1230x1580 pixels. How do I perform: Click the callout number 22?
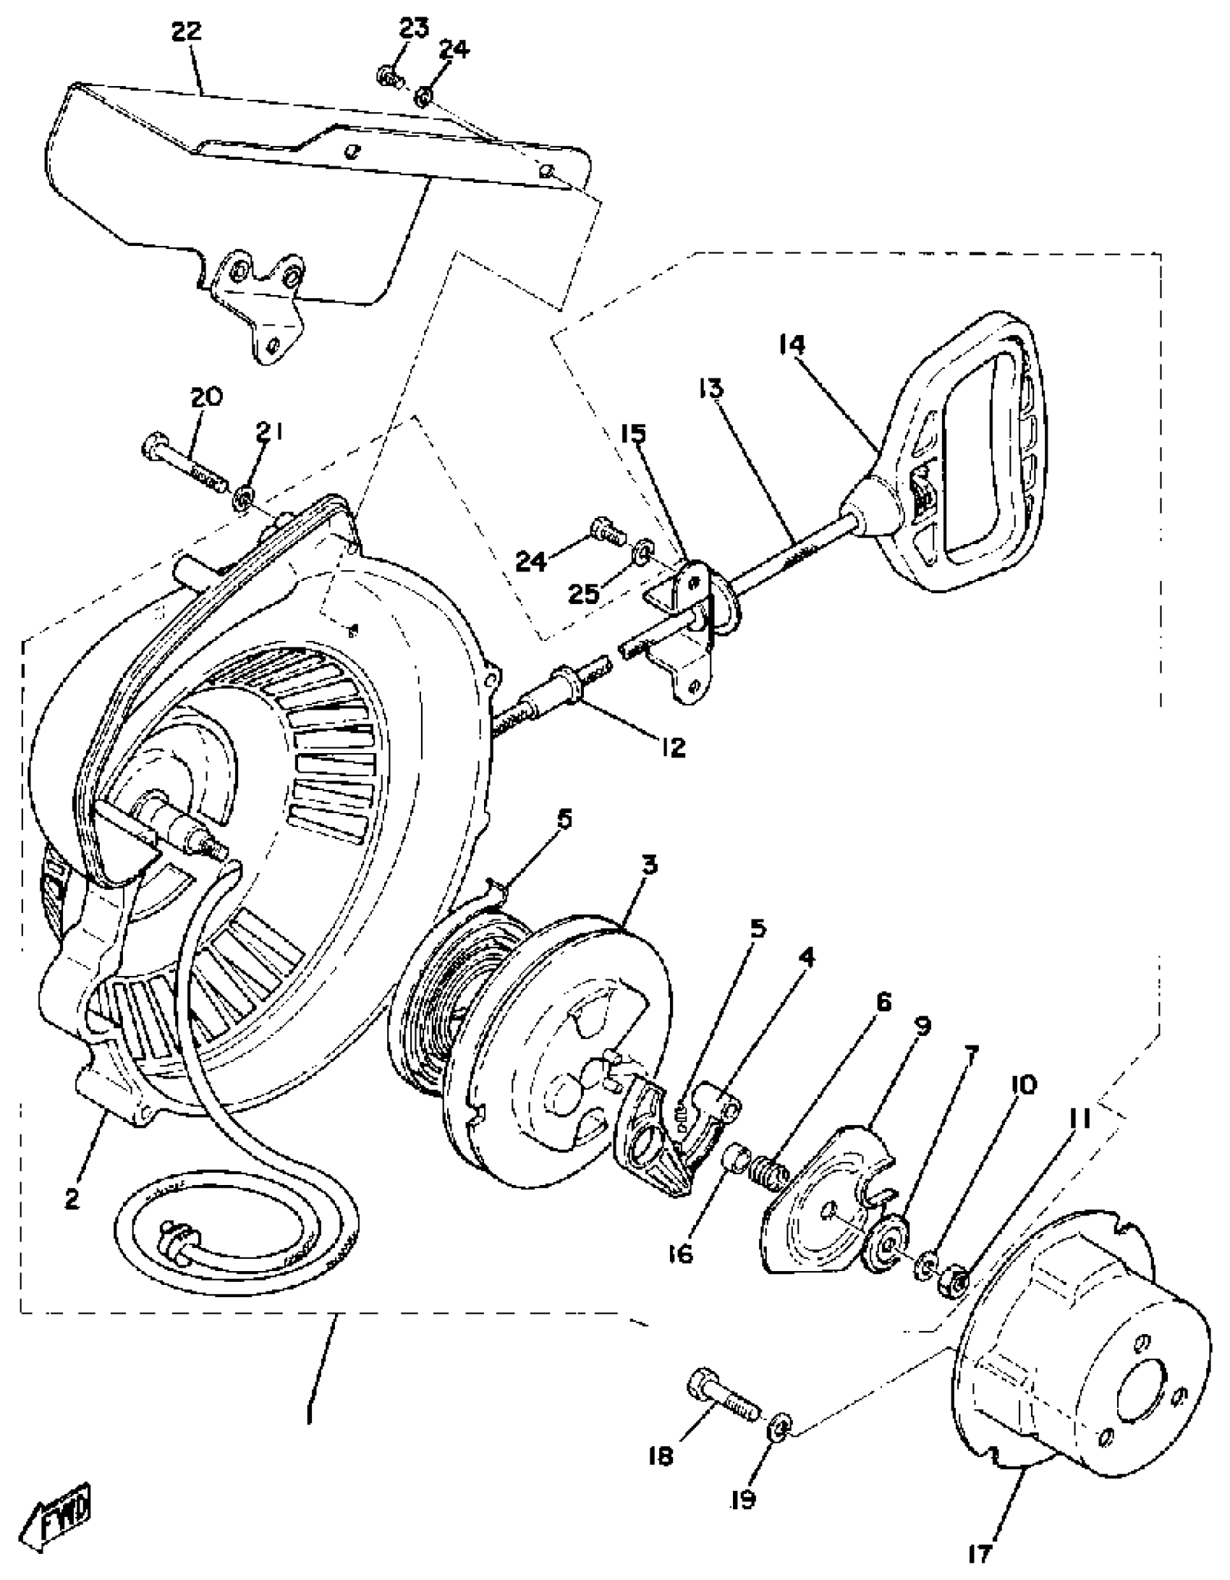coord(186,33)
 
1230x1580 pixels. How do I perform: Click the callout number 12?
coord(672,747)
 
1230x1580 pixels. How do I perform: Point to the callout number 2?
coord(71,1199)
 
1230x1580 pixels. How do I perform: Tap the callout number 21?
coord(268,433)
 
